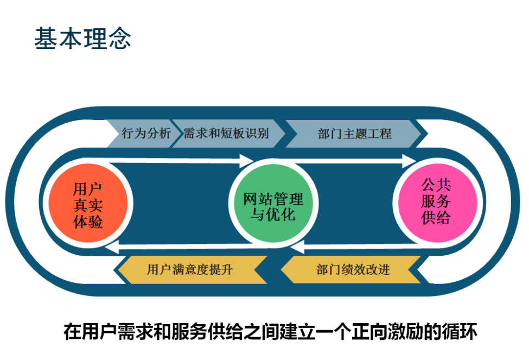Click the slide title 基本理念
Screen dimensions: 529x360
coord(82,38)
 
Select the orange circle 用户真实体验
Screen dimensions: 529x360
coord(88,203)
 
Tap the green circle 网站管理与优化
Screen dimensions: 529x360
coord(273,203)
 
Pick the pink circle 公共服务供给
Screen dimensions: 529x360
coord(437,203)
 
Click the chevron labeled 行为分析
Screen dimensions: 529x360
coord(143,134)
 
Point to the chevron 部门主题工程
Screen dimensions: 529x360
coord(354,134)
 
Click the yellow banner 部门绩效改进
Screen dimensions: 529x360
coord(351,269)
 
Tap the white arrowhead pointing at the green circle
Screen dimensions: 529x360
coord(246,161)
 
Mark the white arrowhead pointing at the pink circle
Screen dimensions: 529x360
coord(410,161)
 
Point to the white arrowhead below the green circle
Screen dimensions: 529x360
coord(297,247)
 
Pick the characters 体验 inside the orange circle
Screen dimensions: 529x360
coord(88,222)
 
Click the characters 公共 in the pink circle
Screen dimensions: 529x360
coord(436,185)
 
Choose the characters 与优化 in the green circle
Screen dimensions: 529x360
coord(273,214)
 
